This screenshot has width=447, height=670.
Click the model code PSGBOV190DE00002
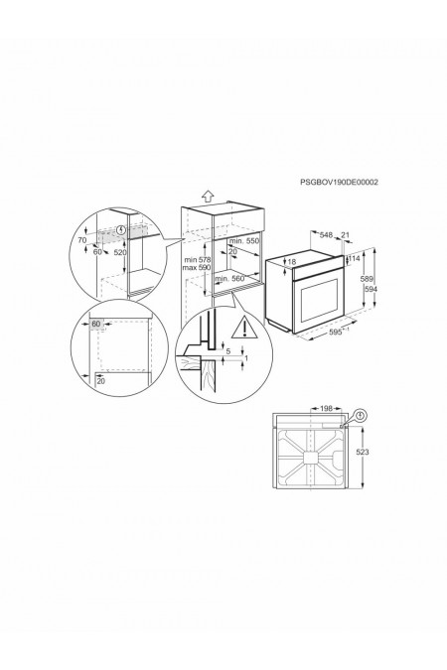[x=339, y=182]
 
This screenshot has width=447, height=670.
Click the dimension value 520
[x=120, y=254]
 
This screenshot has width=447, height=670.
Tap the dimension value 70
[x=82, y=240]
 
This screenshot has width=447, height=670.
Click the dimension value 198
[x=327, y=407]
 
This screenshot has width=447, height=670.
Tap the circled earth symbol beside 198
[x=359, y=415]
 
